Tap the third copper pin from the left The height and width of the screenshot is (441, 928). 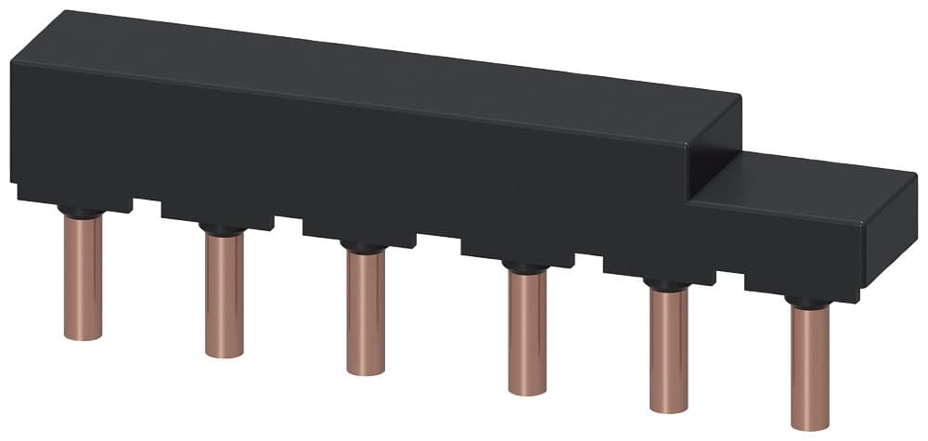366,312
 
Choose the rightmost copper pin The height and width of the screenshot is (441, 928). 809,368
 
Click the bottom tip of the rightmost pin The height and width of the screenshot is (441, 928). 809,425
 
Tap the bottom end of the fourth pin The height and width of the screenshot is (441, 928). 527,390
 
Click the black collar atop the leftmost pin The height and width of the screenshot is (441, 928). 83,213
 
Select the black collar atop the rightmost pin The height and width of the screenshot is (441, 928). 809,303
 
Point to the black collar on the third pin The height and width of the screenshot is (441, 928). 366,248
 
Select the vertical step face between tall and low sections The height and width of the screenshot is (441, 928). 715,149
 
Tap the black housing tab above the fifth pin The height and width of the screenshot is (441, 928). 659,269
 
